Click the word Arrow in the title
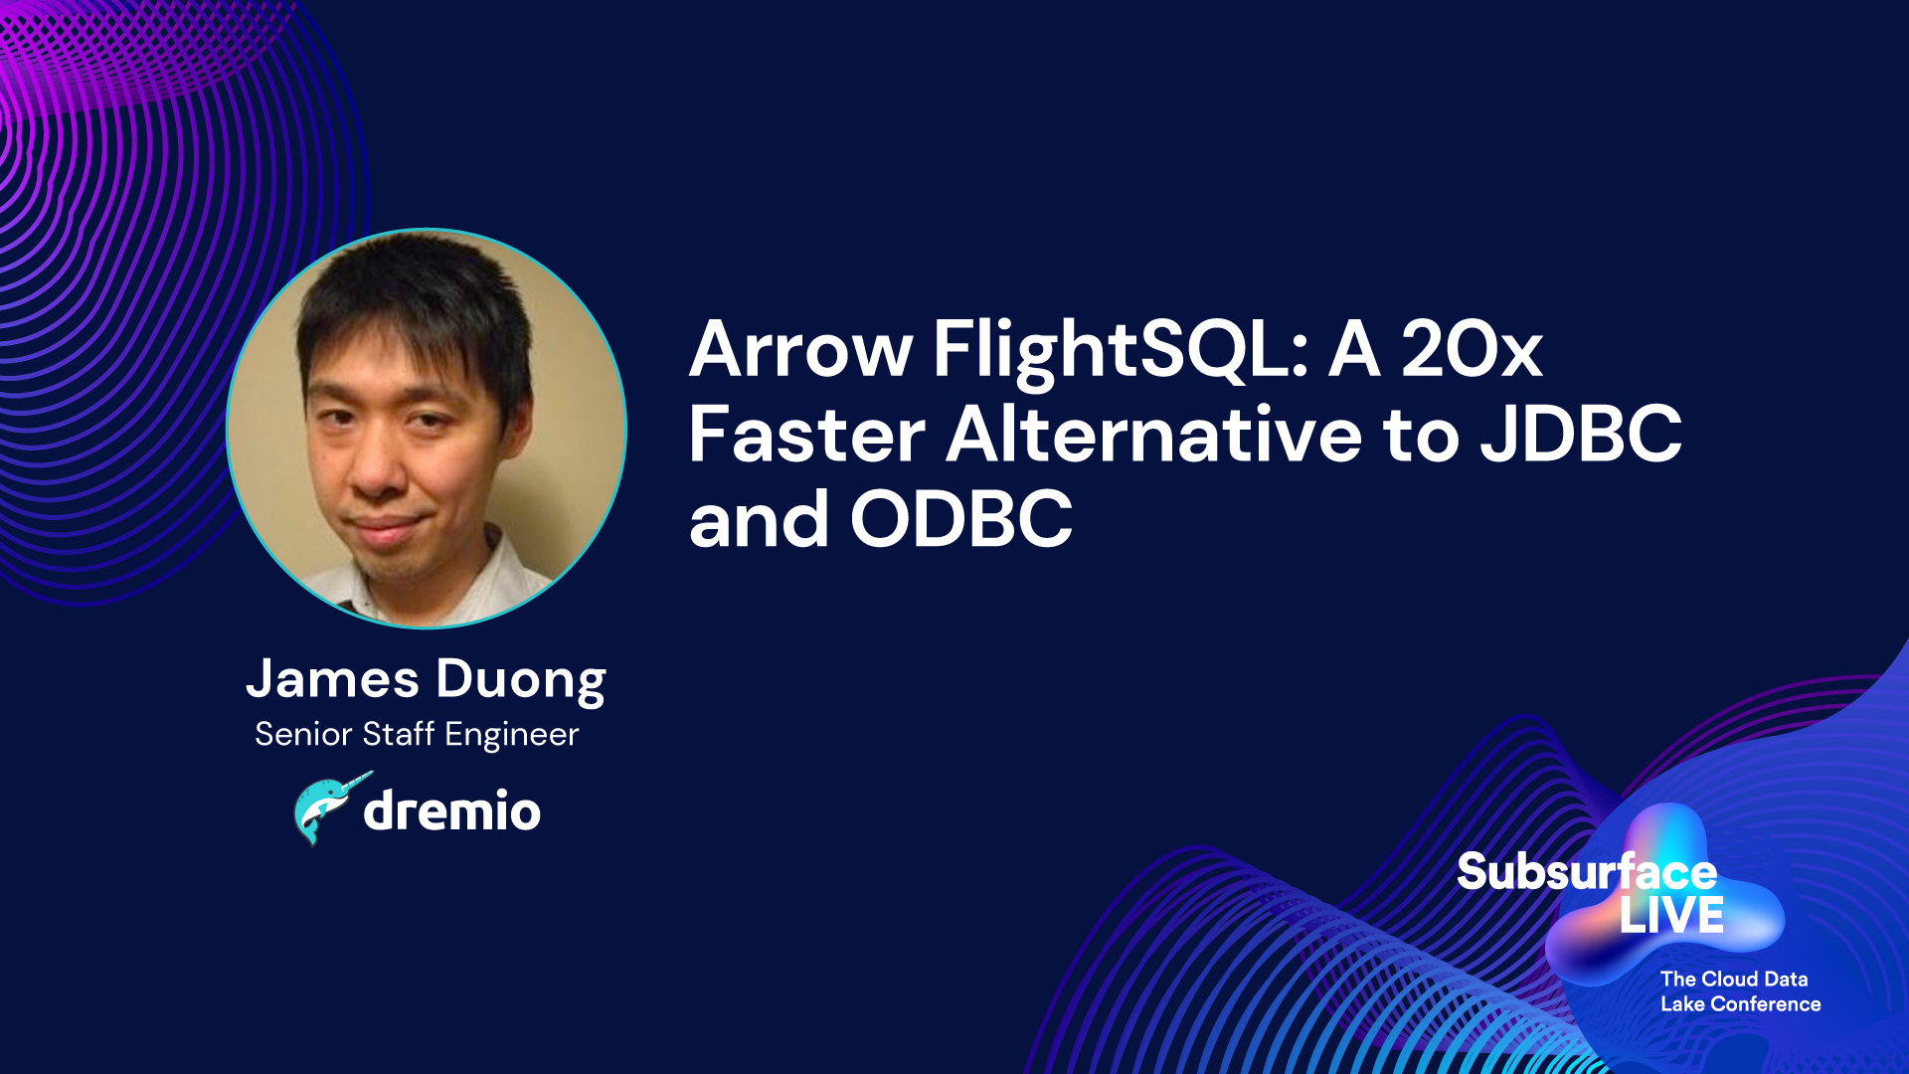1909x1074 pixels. (x=800, y=349)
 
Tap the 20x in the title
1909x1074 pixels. (x=1472, y=349)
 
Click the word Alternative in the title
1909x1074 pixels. (x=1154, y=435)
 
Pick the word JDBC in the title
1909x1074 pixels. (x=1581, y=436)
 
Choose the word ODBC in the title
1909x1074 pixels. (x=961, y=520)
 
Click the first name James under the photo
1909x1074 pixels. (x=333, y=679)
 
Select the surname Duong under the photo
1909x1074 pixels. (x=521, y=683)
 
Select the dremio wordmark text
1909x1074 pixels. (x=452, y=810)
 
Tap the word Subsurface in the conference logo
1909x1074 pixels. (x=1587, y=872)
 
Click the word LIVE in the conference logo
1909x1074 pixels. (x=1671, y=916)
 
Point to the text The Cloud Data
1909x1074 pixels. (x=1734, y=980)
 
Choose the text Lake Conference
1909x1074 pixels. (x=1741, y=1004)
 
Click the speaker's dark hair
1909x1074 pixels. (x=418, y=293)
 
